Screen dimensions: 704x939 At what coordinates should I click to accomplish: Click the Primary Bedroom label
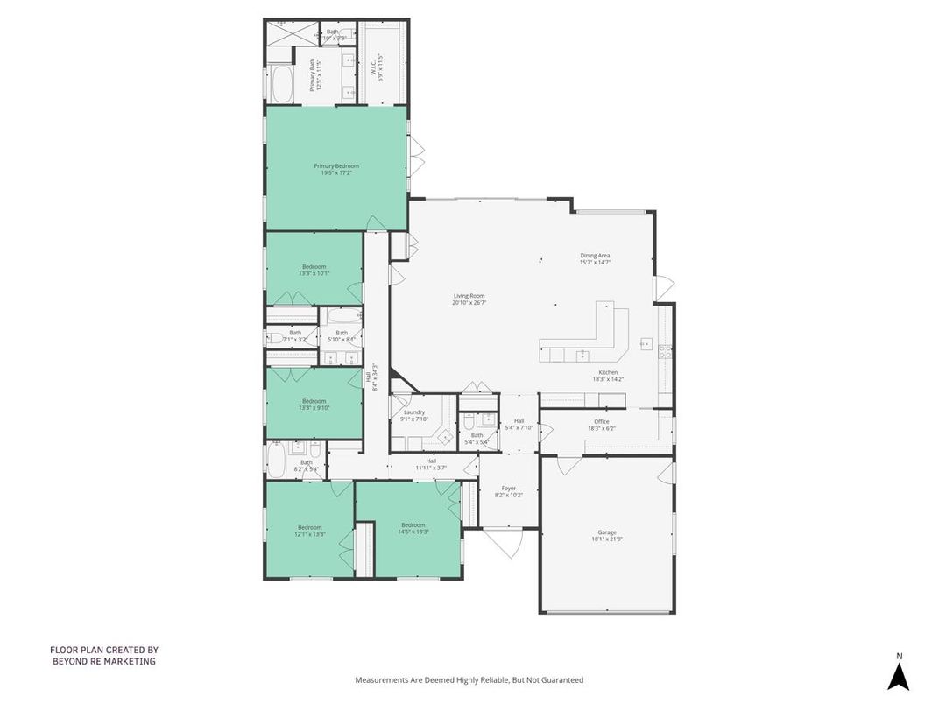336,169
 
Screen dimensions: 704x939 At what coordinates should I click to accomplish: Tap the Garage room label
607,535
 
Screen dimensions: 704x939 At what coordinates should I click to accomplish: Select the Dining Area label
595,258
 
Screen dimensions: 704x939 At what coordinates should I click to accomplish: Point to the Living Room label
469,299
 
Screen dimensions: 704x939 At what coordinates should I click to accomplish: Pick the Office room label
601,425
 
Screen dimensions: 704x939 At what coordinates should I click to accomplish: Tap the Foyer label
509,491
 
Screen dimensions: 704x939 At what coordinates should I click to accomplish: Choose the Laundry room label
414,415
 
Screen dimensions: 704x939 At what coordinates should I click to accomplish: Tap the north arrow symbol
898,674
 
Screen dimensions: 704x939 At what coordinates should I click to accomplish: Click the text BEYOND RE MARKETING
103,661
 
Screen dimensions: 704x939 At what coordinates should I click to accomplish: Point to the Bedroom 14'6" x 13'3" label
413,528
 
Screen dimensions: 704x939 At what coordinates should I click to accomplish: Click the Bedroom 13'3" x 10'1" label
314,270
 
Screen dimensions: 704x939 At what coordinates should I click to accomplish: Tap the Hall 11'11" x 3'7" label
431,464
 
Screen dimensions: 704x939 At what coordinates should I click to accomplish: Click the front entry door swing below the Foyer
505,543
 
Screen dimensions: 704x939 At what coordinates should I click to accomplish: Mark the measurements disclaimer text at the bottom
469,679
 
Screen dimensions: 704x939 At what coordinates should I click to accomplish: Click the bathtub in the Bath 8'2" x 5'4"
277,461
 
